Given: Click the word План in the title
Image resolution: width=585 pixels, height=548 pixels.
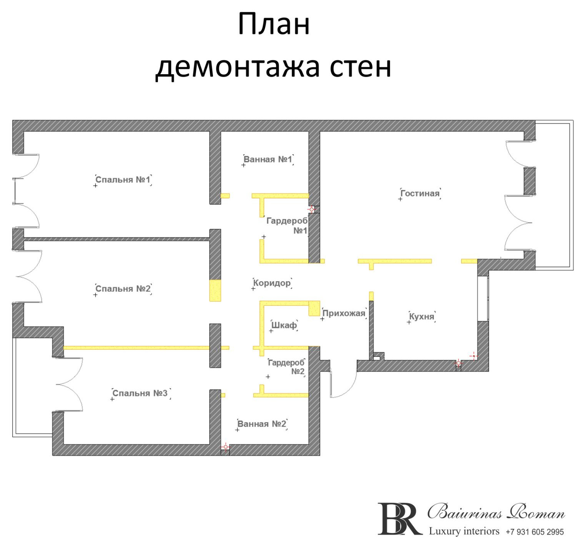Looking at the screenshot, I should (x=274, y=24).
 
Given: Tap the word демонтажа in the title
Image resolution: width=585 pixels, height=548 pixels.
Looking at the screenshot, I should (x=238, y=67).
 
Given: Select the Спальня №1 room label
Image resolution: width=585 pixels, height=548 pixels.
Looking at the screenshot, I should (x=123, y=180).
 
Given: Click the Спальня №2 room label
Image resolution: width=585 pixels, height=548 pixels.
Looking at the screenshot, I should (x=123, y=289).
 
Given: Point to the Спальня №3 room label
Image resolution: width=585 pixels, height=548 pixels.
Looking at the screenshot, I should (x=140, y=394).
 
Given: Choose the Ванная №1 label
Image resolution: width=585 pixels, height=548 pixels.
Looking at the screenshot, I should (x=268, y=159).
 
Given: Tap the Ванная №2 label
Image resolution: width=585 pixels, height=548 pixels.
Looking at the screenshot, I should (x=262, y=424).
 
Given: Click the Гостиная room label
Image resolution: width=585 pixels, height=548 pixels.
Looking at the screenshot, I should (x=420, y=194).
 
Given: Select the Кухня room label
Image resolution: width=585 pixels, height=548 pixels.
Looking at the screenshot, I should (x=422, y=317).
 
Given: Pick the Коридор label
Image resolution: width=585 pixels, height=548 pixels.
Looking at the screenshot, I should (x=272, y=283).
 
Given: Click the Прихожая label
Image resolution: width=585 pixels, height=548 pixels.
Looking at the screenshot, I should (x=344, y=314).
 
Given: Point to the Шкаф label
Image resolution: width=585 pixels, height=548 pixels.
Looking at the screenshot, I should (x=284, y=325).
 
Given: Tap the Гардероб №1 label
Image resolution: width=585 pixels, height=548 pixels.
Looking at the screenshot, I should (x=287, y=226).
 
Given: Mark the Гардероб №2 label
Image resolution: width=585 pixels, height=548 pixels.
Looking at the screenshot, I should (x=286, y=367).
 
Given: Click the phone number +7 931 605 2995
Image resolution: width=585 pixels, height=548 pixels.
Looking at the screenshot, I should (x=535, y=532).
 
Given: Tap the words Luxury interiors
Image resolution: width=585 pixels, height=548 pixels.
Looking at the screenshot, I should (x=464, y=531).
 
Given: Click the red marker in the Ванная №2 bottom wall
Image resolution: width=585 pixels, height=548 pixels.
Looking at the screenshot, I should (x=226, y=447).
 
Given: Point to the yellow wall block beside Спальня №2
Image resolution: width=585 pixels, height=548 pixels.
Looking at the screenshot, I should (x=215, y=291).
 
